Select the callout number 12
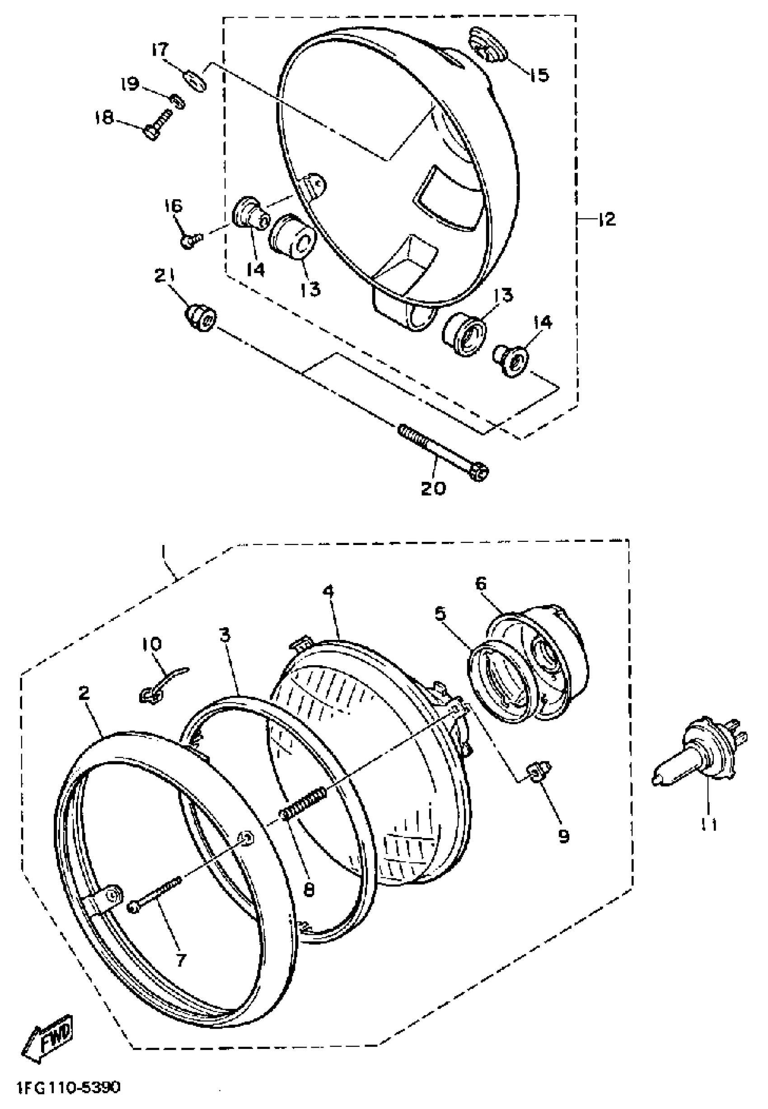(607, 220)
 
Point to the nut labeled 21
(201, 317)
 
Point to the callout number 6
(481, 584)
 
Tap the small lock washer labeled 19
(178, 102)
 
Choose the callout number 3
(225, 636)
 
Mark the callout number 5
(440, 614)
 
